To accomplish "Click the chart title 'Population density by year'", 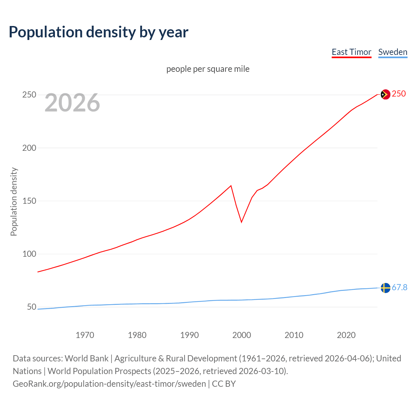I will [98, 32].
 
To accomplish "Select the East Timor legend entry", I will [351, 52].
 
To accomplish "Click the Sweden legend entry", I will [393, 52].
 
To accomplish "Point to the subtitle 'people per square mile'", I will [208, 69].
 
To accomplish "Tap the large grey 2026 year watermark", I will [72, 103].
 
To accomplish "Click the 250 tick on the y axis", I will [29, 95].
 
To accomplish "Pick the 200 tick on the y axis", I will [29, 148].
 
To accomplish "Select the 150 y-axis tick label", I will [29, 201].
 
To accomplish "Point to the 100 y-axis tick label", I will [29, 254].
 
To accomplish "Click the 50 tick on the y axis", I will [31, 307].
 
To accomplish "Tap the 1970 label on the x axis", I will [85, 335].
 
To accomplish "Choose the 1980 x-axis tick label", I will [137, 335].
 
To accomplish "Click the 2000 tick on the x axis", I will [241, 335].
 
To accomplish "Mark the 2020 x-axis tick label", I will [346, 335].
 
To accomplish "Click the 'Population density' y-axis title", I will [14, 201].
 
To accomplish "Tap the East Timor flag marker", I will [385, 94].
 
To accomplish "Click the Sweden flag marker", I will [385, 288].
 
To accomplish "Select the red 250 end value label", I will [399, 94].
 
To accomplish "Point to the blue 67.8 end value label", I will [399, 288].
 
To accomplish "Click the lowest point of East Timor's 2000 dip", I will [241, 222].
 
